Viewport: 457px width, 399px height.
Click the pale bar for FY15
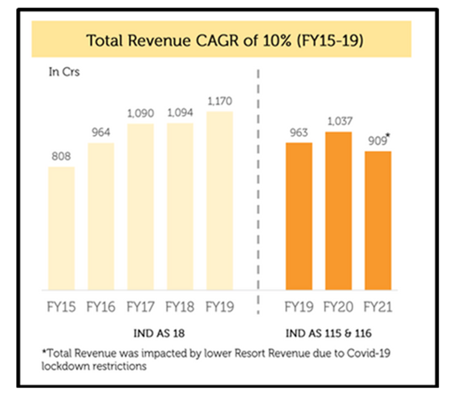click(61, 228)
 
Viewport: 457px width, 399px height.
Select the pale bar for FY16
click(101, 216)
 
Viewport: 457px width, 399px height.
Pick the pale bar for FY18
click(180, 206)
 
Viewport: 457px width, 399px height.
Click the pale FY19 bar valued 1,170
click(220, 200)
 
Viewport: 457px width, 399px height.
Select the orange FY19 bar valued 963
click(299, 216)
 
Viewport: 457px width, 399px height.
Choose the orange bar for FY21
click(378, 220)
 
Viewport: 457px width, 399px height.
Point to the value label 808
click(61, 157)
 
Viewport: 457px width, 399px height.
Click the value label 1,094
click(180, 113)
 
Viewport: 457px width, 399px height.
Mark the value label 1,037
click(338, 122)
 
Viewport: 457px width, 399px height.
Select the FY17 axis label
click(140, 307)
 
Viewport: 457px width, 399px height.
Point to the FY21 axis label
click(378, 307)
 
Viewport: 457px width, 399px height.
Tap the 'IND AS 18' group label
click(140, 333)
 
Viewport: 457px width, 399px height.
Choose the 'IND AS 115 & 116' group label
click(338, 333)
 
